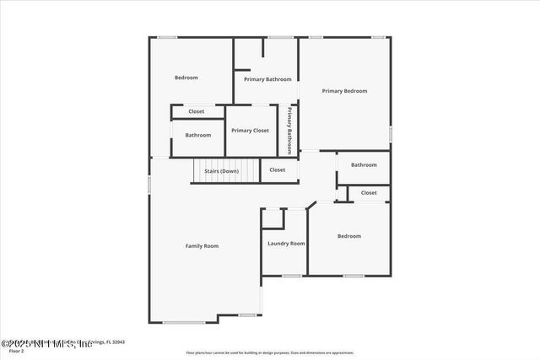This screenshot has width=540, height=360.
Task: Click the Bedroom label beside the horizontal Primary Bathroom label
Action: tap(186, 78)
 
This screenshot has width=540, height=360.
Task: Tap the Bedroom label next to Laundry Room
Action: tap(348, 236)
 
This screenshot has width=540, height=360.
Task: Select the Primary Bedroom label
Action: tap(344, 91)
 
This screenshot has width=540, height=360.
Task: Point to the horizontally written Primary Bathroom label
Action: tap(267, 79)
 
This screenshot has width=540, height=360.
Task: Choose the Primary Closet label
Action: tap(250, 131)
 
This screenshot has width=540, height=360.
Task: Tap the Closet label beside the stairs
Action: tap(278, 170)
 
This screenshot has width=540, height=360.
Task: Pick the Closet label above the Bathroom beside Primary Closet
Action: tap(196, 111)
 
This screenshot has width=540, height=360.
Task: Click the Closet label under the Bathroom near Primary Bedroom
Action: tap(369, 193)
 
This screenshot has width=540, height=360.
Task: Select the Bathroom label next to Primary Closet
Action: tap(198, 135)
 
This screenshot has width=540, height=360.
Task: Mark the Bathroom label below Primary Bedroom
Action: tap(364, 165)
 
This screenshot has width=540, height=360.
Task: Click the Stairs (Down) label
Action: tap(221, 171)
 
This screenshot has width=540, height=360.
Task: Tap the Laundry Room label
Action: tap(286, 244)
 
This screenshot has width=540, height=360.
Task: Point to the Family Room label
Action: tap(202, 246)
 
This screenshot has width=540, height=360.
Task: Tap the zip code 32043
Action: tap(117, 341)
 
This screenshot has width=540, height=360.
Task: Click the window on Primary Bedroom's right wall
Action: tap(390, 133)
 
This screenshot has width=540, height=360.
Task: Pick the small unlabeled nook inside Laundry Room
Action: tap(273, 218)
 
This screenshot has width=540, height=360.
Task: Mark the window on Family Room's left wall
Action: tap(149, 183)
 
